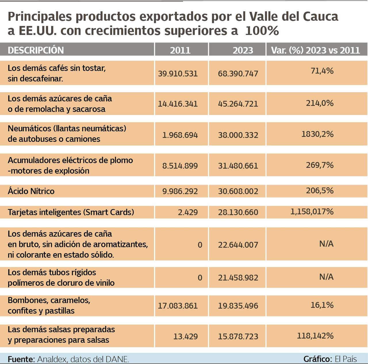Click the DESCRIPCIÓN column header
pos(36,50)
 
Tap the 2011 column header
pos(180,50)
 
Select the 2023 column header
pos(243,50)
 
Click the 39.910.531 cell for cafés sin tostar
pos(178,74)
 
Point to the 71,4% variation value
pos(322,71)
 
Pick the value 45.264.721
pos(238,104)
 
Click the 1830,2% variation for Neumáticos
pos(317,134)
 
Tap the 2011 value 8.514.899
pos(180,166)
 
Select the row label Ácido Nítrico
pos(31,191)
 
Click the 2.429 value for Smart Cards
pos(188,212)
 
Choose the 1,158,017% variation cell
pos(312,212)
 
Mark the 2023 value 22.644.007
pos(238,245)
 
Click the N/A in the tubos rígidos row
pos(326,277)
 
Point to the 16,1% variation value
pos(322,305)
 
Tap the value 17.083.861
pos(178,306)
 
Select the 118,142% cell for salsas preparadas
pos(315,336)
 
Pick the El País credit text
pos(346,359)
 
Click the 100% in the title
pos(262,31)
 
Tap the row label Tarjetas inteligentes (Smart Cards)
pos(71,212)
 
